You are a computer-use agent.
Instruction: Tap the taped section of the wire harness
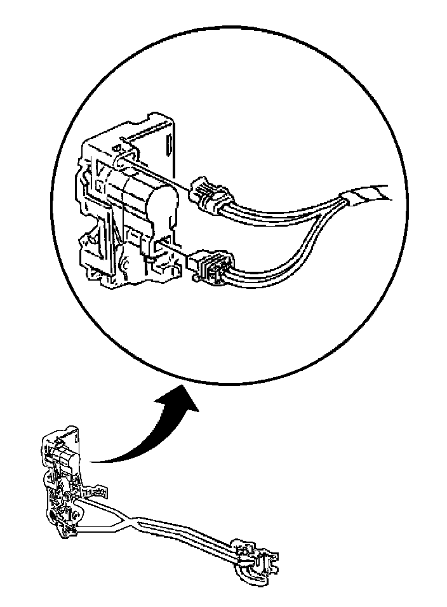click(368, 192)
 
